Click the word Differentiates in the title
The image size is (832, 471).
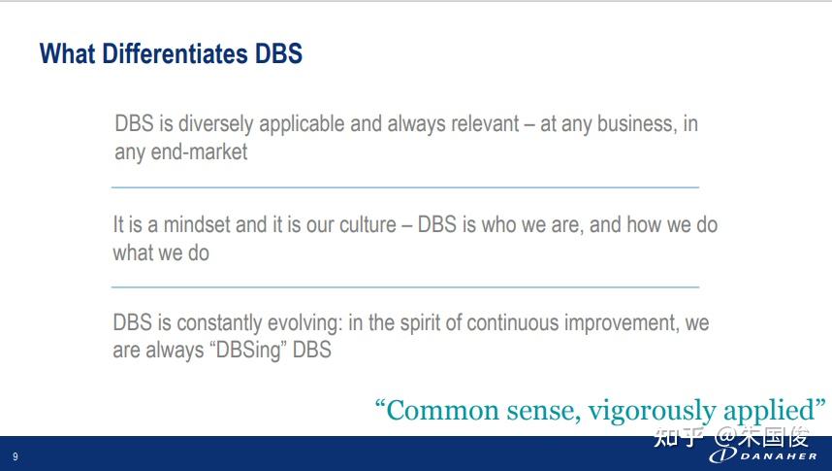coord(175,53)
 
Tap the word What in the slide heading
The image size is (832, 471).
coord(67,53)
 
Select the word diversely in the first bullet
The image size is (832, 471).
coord(215,124)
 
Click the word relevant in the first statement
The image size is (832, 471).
coord(485,123)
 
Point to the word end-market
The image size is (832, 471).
coord(199,152)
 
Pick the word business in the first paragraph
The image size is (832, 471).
coord(637,124)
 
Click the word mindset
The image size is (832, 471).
coord(197,224)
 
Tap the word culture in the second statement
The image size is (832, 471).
coord(368,225)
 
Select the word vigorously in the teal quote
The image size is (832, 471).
coord(653,412)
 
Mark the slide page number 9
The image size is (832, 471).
coord(16,456)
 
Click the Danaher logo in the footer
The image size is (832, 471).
coord(763,455)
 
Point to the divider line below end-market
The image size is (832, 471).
coord(405,187)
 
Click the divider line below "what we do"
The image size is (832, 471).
coord(405,287)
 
